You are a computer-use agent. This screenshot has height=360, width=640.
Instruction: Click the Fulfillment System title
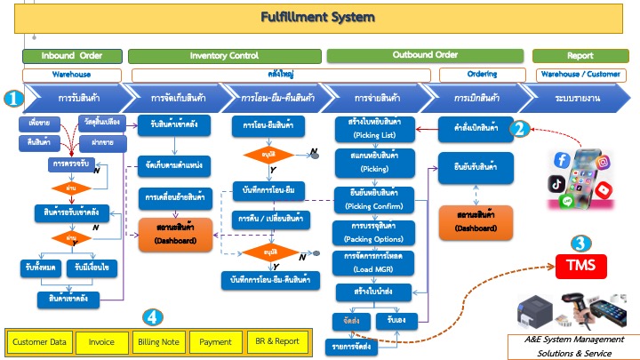(317, 17)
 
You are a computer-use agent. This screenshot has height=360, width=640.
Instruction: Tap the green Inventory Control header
(224, 56)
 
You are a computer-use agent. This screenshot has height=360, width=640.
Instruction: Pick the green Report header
(580, 56)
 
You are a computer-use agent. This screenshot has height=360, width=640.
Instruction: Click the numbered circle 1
(12, 99)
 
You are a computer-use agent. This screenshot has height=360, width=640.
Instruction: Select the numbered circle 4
(154, 316)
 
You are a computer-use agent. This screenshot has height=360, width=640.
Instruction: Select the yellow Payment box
(215, 340)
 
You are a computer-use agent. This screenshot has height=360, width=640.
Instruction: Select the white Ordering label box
(481, 75)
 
